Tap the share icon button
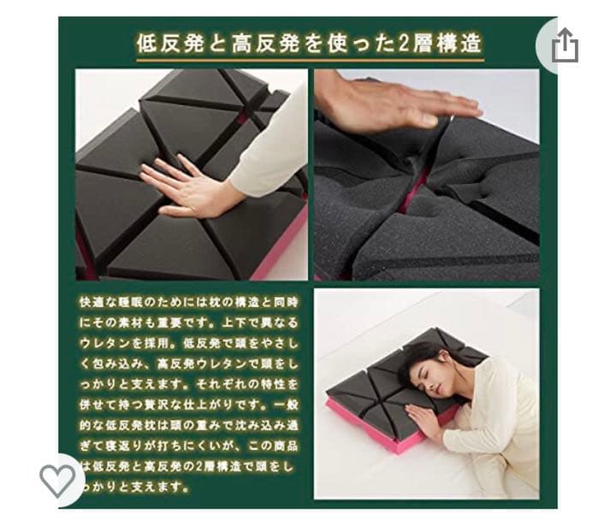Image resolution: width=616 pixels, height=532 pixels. (x=564, y=46)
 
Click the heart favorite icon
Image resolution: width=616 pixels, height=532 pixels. (x=57, y=481)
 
